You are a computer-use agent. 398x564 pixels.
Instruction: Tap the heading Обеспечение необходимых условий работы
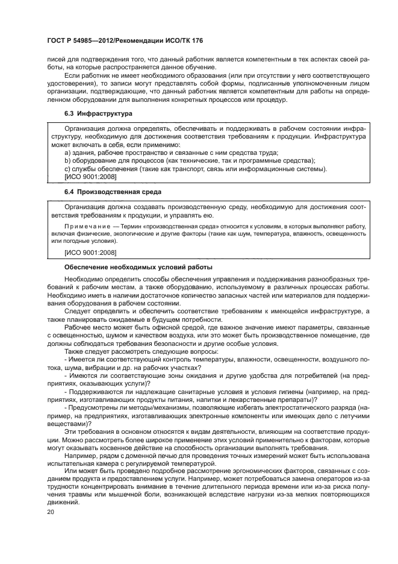(x=137, y=267)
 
